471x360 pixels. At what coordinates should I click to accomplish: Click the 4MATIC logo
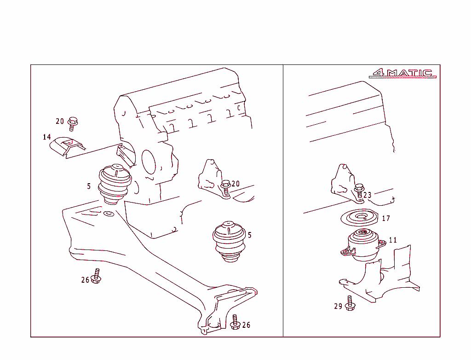pos(402,73)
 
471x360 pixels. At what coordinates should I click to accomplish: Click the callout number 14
pos(47,137)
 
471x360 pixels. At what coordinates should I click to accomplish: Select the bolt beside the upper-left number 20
pos(72,124)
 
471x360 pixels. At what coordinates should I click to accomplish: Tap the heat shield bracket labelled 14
pos(67,147)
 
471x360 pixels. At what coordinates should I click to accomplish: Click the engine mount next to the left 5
pos(115,184)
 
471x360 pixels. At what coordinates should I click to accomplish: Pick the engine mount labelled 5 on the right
pos(229,242)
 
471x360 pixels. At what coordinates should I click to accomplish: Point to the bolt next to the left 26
pos(96,276)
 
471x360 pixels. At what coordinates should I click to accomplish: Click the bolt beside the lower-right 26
pos(235,322)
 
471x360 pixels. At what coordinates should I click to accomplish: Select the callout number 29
pos(338,306)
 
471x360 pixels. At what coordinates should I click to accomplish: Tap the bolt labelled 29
pos(350,303)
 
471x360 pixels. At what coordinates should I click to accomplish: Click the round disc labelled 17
pos(359,217)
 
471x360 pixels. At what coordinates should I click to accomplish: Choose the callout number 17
pos(386,218)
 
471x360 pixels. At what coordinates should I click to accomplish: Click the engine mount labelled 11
pos(363,245)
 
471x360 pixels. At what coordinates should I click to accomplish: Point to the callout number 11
pos(393,240)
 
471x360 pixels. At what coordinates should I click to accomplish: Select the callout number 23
pos(368,195)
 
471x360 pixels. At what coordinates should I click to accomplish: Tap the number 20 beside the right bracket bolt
pos(236,184)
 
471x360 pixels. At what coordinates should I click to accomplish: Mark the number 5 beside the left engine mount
pos(89,186)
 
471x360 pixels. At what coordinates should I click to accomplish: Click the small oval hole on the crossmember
pos(108,214)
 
